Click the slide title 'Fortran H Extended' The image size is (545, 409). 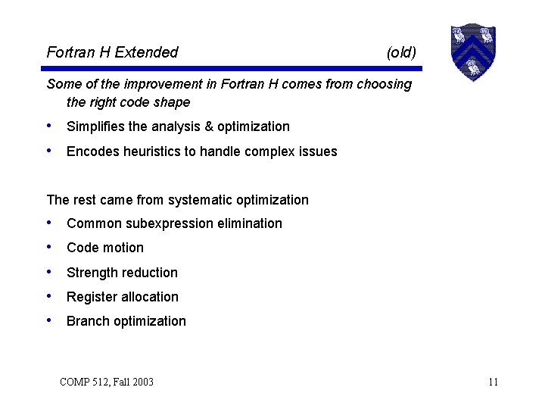[x=112, y=52]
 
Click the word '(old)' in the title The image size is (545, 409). [x=401, y=52]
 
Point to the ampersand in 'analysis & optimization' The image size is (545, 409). [x=208, y=126]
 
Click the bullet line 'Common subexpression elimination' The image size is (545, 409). [x=174, y=223]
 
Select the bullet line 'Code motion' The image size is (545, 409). [x=105, y=248]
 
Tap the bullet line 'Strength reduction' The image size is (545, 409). [x=122, y=273]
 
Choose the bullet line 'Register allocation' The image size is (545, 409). [x=123, y=297]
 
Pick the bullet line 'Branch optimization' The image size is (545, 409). [x=126, y=321]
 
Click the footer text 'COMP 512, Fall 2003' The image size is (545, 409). [x=107, y=382]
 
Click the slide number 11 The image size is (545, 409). [x=493, y=382]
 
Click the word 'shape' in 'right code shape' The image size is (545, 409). [x=172, y=102]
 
